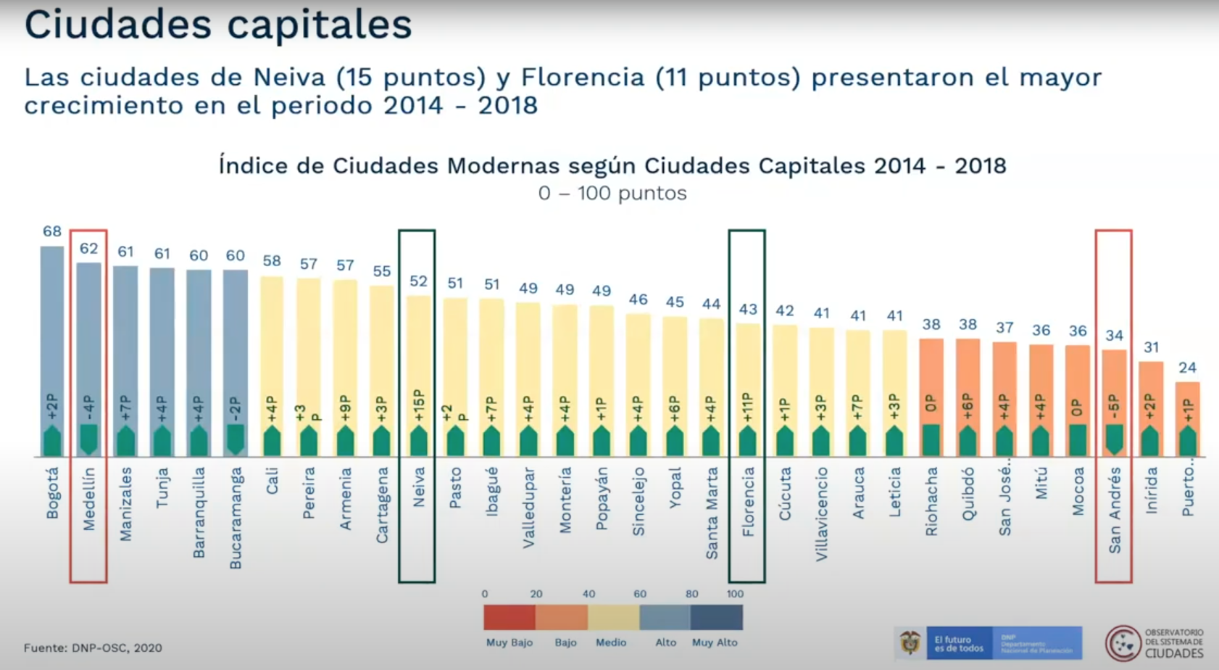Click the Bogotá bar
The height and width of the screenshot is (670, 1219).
(x=52, y=334)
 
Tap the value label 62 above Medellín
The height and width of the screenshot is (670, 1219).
(x=88, y=249)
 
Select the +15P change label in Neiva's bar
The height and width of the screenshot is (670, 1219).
(x=418, y=405)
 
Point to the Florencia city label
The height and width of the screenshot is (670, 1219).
(x=748, y=501)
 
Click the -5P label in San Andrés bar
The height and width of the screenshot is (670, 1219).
(x=1114, y=408)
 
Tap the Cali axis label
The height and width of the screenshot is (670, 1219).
(x=272, y=481)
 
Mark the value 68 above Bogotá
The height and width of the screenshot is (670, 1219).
(x=52, y=231)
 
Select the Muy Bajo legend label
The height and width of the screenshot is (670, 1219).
(x=509, y=642)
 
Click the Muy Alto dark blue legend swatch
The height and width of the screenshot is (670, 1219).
(x=716, y=617)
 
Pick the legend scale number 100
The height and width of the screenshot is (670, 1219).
(x=735, y=594)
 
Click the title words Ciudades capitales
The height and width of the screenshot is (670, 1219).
(x=218, y=25)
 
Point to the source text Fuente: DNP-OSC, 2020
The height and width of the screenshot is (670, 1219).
(x=93, y=648)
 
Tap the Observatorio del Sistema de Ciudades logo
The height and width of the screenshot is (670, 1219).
(x=1154, y=642)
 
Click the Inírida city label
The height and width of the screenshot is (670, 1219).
(x=1151, y=490)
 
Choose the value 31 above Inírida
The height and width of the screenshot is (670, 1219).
(x=1151, y=347)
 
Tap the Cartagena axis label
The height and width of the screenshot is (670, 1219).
(x=382, y=505)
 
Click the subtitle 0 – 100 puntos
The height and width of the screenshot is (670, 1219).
(x=612, y=194)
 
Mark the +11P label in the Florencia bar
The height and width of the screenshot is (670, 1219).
(x=748, y=408)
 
